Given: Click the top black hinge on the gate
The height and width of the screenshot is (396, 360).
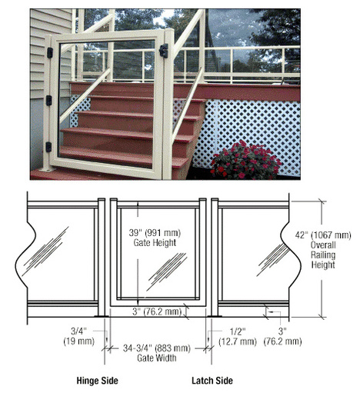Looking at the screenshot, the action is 50,52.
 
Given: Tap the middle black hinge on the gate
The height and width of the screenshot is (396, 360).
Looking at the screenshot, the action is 48,101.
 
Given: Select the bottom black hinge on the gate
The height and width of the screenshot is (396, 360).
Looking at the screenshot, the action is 48,147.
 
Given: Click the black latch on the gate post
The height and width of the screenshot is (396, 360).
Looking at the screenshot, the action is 164,51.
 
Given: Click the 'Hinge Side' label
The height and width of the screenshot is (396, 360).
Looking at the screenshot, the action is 98,381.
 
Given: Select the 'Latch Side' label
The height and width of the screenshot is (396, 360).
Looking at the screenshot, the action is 212,381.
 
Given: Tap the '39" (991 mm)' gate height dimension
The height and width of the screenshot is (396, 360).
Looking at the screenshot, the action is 155,233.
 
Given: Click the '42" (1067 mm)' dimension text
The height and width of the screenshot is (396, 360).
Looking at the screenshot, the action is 323,235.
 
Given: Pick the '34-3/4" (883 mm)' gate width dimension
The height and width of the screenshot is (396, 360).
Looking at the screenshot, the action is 157,348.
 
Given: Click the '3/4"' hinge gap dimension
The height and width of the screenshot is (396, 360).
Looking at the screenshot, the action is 78,331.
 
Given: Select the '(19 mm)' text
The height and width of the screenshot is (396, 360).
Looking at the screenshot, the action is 79,341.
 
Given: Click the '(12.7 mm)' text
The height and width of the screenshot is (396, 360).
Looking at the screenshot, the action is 238,341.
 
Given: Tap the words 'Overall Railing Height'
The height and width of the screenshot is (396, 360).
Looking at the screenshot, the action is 323,255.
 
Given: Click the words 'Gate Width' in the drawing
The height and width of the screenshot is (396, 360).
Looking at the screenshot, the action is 157,358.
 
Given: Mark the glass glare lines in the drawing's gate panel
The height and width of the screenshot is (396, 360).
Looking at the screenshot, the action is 167,271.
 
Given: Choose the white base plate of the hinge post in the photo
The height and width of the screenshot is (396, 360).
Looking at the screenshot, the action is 48,169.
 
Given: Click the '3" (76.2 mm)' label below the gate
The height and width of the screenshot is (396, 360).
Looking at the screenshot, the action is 157,311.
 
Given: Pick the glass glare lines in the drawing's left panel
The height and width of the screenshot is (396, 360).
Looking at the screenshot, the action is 45,251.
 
